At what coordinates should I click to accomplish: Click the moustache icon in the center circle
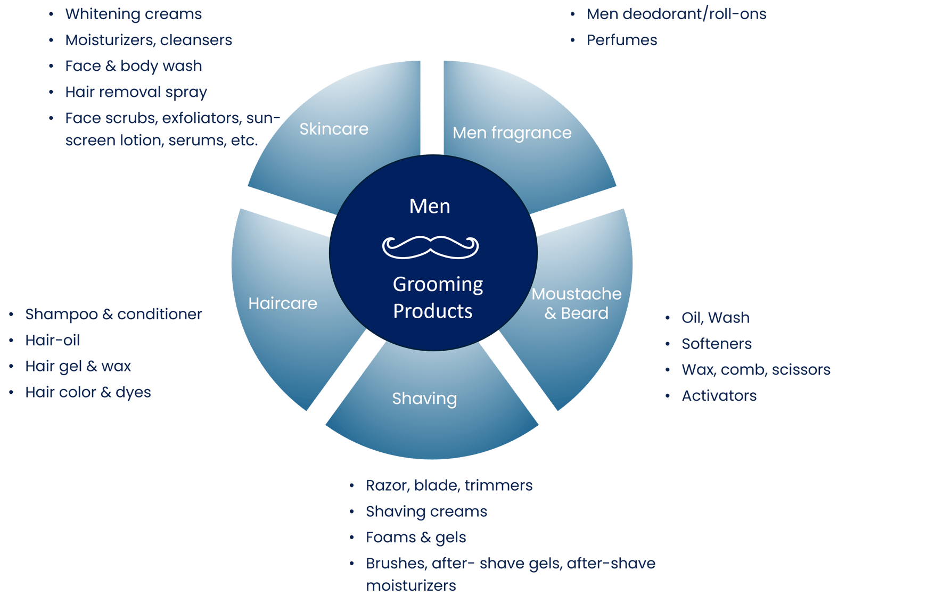pos(430,247)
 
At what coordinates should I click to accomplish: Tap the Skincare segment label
pos(334,129)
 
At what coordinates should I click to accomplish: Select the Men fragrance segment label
pos(512,133)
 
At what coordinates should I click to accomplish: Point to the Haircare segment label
pos(283,303)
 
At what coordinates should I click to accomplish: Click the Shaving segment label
pos(424,399)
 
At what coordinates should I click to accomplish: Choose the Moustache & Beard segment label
pos(576,303)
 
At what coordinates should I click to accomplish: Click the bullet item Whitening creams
pos(133,14)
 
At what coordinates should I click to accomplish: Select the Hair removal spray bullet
pos(136,92)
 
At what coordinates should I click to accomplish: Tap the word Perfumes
pos(622,40)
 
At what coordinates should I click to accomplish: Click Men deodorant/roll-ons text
pos(676,14)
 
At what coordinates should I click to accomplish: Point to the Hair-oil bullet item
pos(52,340)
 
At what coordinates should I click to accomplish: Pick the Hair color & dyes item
pos(88,392)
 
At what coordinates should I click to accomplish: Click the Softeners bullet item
pos(716,344)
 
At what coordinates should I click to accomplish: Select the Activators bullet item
pos(719,396)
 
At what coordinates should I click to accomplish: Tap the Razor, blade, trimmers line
pos(449,485)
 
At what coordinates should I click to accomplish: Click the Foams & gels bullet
pos(416,537)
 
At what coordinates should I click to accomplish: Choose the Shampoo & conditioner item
pos(113,314)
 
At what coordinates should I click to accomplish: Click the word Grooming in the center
pos(438,285)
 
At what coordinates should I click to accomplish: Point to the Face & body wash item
pos(133,66)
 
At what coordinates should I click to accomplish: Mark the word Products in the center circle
pos(432,311)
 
